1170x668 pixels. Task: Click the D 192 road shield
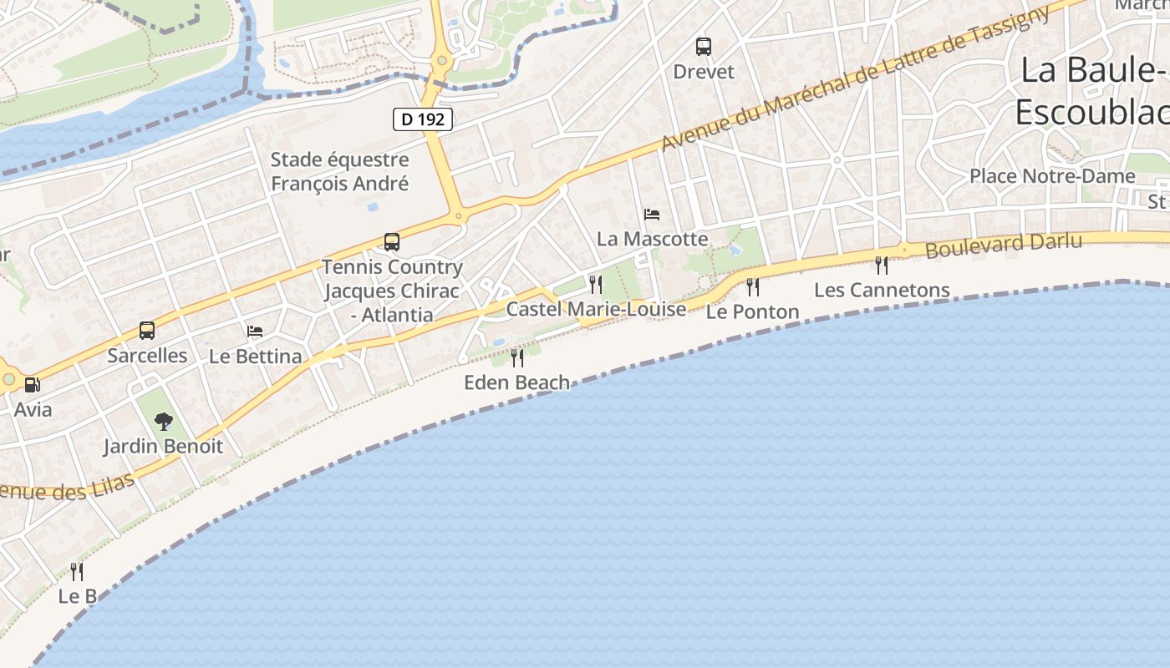click(423, 119)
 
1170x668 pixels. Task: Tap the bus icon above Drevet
click(704, 46)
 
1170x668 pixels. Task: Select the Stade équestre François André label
click(340, 171)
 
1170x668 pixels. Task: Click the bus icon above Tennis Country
click(392, 242)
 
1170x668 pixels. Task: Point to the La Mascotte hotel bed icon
click(652, 215)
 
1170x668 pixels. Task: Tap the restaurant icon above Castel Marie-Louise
click(596, 284)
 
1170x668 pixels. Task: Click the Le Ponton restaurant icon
click(753, 287)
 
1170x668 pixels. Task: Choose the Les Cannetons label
click(882, 290)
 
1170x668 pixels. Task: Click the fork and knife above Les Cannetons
click(882, 266)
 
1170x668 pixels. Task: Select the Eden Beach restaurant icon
click(517, 358)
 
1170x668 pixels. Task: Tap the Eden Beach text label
click(517, 382)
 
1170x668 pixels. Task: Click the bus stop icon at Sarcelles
click(147, 331)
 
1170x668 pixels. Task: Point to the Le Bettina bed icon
click(255, 331)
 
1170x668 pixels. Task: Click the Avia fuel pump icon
click(33, 385)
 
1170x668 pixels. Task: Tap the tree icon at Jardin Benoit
click(164, 421)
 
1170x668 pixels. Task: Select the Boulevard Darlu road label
click(1004, 245)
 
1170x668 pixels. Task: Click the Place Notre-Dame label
click(1052, 176)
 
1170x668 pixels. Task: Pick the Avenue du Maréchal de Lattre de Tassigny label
click(852, 79)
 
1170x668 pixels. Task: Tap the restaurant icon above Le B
click(77, 572)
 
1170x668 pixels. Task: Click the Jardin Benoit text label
click(163, 446)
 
